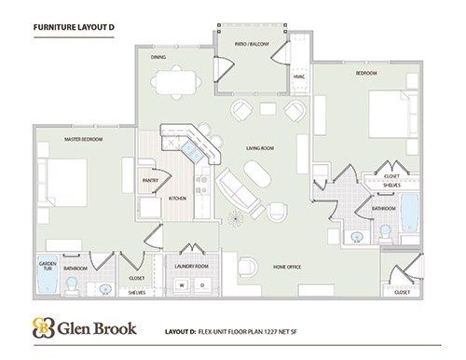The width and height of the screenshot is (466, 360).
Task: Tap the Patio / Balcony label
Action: tap(251, 45)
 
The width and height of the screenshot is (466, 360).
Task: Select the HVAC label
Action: tap(299, 76)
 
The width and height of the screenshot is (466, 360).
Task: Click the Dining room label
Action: tap(158, 57)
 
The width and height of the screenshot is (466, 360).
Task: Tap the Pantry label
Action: tap(148, 181)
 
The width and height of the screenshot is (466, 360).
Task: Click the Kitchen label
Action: tap(177, 198)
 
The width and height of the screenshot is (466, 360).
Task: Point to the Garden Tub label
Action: tap(48, 267)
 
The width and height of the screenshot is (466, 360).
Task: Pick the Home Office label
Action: tap(287, 268)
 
